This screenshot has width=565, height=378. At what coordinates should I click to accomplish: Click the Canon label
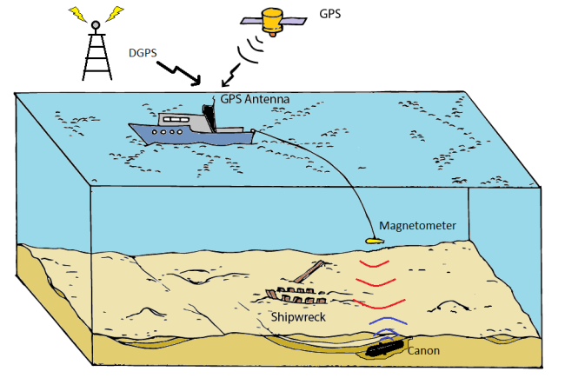423,351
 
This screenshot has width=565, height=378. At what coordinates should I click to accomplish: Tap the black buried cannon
382,349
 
